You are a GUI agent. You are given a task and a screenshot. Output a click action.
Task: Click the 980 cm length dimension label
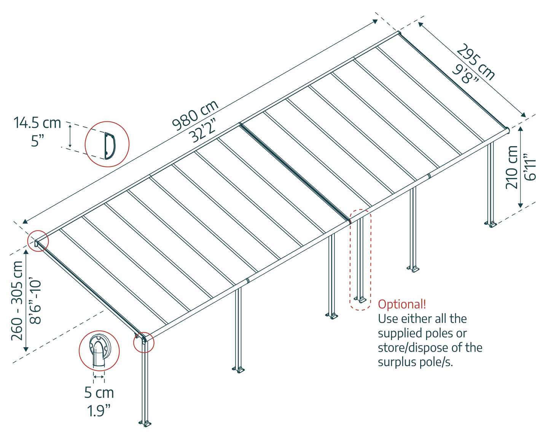pyautogui.click(x=195, y=115)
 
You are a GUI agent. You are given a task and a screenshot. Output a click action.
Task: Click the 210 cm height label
pyautogui.click(x=511, y=167)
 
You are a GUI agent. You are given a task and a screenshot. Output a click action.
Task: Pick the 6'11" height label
pyautogui.click(x=529, y=167)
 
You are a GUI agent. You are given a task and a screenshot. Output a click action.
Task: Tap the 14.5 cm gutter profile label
pyautogui.click(x=37, y=123)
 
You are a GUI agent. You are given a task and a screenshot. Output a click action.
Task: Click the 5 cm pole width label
pyautogui.click(x=99, y=393)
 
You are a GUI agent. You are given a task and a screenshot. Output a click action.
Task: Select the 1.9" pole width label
pyautogui.click(x=99, y=411)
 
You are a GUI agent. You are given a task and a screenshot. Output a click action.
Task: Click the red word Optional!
pyautogui.click(x=402, y=304)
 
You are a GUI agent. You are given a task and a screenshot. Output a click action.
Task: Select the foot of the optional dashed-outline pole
pyautogui.click(x=360, y=300)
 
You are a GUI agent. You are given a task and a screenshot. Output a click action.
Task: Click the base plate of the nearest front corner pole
pyautogui.click(x=145, y=423)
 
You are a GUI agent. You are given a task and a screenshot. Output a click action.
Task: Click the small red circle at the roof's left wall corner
pyautogui.click(x=38, y=241)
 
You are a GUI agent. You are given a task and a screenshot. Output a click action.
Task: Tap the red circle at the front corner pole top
pyautogui.click(x=143, y=342)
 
